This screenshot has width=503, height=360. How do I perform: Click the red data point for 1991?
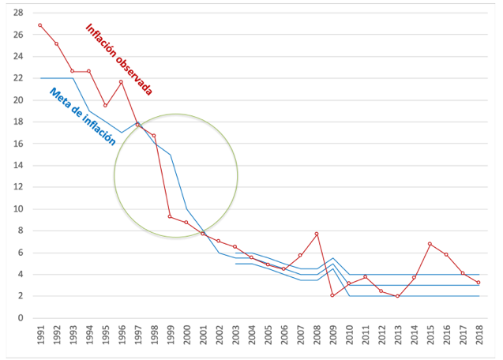click(40, 25)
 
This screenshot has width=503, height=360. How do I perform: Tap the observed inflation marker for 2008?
click(316, 234)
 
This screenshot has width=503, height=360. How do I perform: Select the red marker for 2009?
click(332, 295)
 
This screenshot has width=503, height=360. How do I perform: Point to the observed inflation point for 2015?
click(430, 244)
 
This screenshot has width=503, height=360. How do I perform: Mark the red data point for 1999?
click(171, 216)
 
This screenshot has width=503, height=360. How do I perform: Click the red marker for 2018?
click(479, 283)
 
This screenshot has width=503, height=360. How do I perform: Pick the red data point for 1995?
click(105, 106)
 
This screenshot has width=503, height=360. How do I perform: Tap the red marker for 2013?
click(397, 296)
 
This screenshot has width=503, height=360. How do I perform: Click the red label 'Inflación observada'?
click(118, 59)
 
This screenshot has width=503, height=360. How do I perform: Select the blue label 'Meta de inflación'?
click(82, 117)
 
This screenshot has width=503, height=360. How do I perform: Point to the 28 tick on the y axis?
click(17, 13)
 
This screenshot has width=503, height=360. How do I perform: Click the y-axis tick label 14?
click(17, 166)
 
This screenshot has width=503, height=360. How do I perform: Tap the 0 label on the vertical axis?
click(20, 318)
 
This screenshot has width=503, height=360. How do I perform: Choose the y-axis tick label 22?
click(17, 78)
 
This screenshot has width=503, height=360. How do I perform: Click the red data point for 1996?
click(122, 82)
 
